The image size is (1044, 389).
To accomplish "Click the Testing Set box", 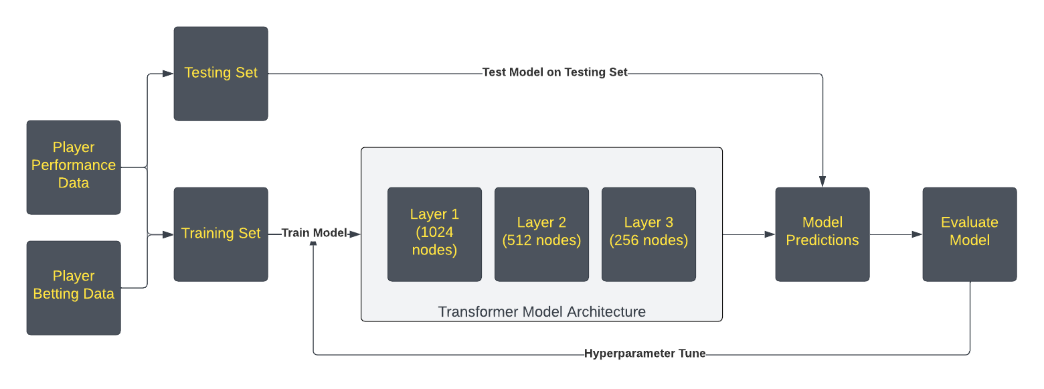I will tap(221, 74).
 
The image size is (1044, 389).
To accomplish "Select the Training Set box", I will tap(221, 234).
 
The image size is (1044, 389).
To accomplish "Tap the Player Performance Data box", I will tap(74, 167).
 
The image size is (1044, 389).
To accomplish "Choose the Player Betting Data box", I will tap(74, 288).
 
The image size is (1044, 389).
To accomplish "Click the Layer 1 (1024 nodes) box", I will tap(434, 234).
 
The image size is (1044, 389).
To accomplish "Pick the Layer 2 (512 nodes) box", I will tap(541, 234).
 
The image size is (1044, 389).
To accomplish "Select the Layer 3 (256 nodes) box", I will tap(648, 234).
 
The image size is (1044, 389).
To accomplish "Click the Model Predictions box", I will tap(822, 234).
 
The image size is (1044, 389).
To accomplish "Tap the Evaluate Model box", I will tap(969, 234).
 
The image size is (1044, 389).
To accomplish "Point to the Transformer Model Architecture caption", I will tap(541, 312).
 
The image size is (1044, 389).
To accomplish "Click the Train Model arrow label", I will tap(314, 233).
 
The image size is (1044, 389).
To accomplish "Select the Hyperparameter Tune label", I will tap(644, 354).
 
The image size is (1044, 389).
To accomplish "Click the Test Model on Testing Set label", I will tap(555, 72).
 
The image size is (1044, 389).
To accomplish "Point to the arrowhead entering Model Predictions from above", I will tap(822, 182).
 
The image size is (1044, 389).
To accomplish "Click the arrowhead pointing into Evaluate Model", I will tap(917, 234).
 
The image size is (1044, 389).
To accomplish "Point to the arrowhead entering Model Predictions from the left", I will tap(770, 234).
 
